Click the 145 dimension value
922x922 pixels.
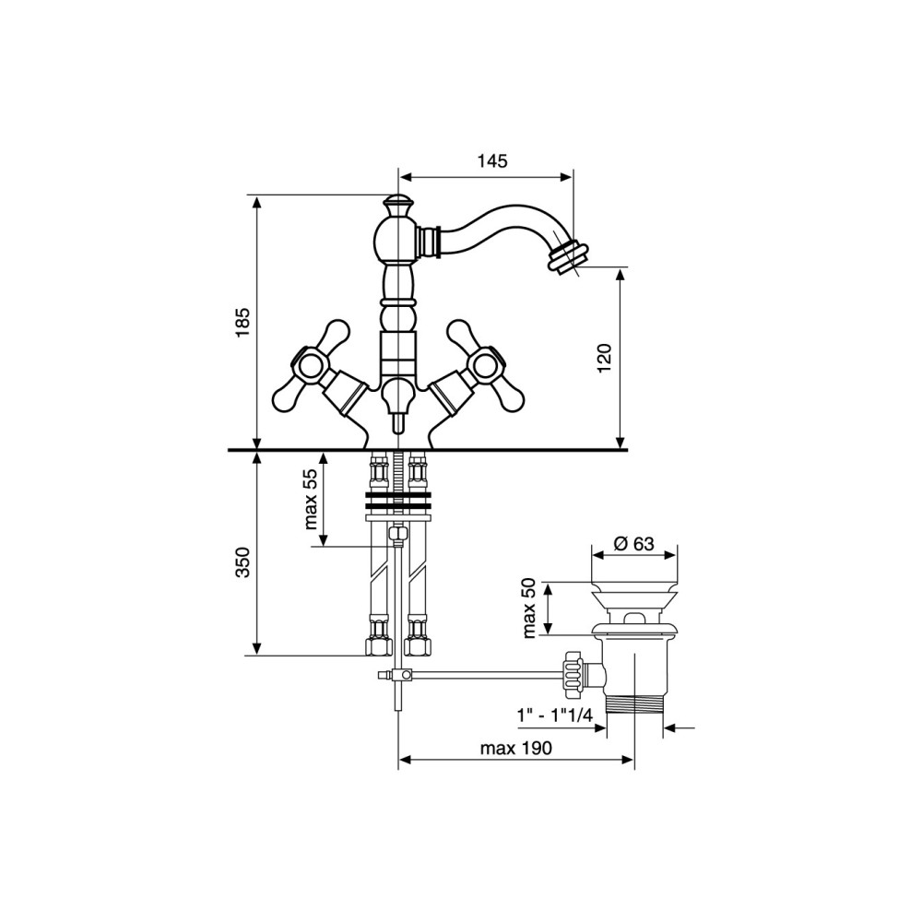pyautogui.click(x=492, y=160)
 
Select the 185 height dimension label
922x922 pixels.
pyautogui.click(x=242, y=322)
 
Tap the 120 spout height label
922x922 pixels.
pyautogui.click(x=605, y=358)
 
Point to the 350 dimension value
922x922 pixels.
pyautogui.click(x=242, y=561)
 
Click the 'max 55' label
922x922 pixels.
pyautogui.click(x=312, y=499)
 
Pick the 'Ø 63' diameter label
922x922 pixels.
pyautogui.click(x=634, y=543)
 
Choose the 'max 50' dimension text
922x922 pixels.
pyautogui.click(x=529, y=608)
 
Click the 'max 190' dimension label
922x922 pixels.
pyautogui.click(x=516, y=748)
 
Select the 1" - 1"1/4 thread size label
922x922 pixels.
pyautogui.click(x=554, y=715)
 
